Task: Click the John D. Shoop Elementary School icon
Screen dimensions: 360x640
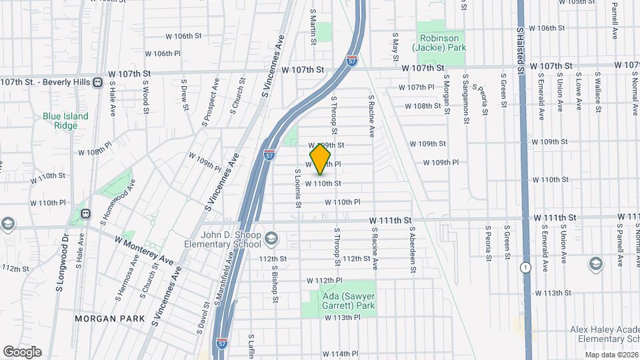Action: (271, 238)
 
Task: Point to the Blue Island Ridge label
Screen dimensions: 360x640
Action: (65, 121)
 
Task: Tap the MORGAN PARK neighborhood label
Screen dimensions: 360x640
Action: (109, 319)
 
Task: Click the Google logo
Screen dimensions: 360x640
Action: (22, 352)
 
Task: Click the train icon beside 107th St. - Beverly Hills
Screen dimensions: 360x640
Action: (98, 82)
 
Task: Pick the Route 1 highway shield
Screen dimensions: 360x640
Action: (526, 267)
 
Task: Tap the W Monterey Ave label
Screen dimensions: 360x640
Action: (143, 249)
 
